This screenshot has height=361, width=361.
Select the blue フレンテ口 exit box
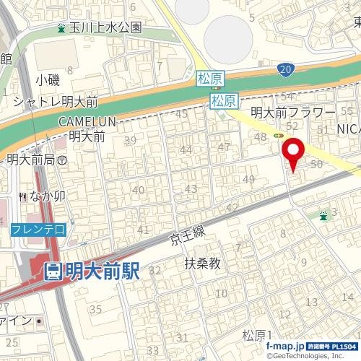tap(39, 229)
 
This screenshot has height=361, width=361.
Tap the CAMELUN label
tap(83, 122)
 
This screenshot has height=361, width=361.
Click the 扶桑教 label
tap(202, 264)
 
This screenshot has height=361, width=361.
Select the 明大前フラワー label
tap(292, 113)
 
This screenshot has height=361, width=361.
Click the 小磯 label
tap(49, 79)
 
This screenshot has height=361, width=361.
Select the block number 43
tap(191, 188)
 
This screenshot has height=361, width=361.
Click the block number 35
tap(95, 309)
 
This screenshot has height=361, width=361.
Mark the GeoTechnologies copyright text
tap(311, 356)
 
